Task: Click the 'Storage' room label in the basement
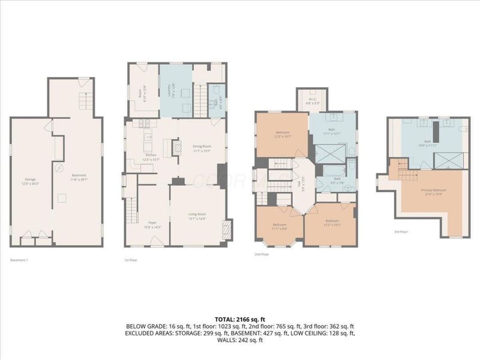coord(30,179)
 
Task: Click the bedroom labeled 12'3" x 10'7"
coord(281,134)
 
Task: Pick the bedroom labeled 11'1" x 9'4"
coord(280,227)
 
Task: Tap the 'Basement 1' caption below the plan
coord(19,260)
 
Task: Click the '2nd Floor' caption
coord(262,255)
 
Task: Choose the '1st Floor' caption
coord(130,260)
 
